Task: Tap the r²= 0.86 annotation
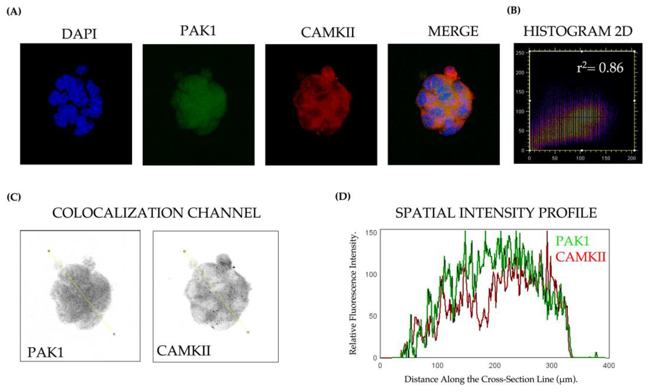600,68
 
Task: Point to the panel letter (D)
343,196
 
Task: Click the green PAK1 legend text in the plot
572,241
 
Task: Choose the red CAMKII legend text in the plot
580,257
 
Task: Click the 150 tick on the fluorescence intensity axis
371,233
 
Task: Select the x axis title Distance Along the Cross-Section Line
491,379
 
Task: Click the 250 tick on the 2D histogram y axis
520,53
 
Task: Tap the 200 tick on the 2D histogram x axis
631,158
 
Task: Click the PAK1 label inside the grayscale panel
46,352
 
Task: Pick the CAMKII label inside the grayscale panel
183,351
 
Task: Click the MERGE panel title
453,32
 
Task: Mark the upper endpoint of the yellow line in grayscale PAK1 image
49,251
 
